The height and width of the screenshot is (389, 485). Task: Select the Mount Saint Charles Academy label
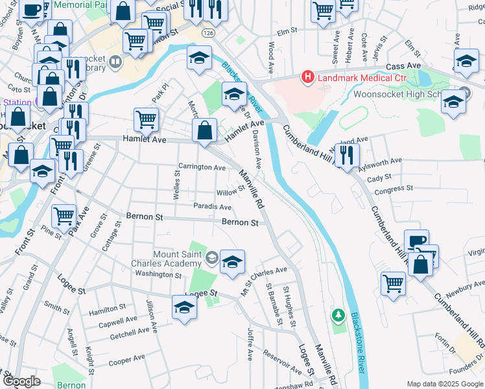point(177,259)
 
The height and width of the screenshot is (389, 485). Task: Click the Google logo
point(21,381)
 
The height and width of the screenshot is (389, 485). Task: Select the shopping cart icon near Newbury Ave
point(394,283)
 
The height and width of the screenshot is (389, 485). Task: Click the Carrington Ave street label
point(202,167)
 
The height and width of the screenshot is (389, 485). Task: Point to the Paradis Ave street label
point(212,207)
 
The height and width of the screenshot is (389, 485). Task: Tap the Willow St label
point(230,191)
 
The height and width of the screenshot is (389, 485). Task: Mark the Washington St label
point(159,275)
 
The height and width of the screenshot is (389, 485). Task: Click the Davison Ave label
point(257,150)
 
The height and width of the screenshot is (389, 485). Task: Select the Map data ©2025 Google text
point(445,383)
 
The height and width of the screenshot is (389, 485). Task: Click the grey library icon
point(115,62)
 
